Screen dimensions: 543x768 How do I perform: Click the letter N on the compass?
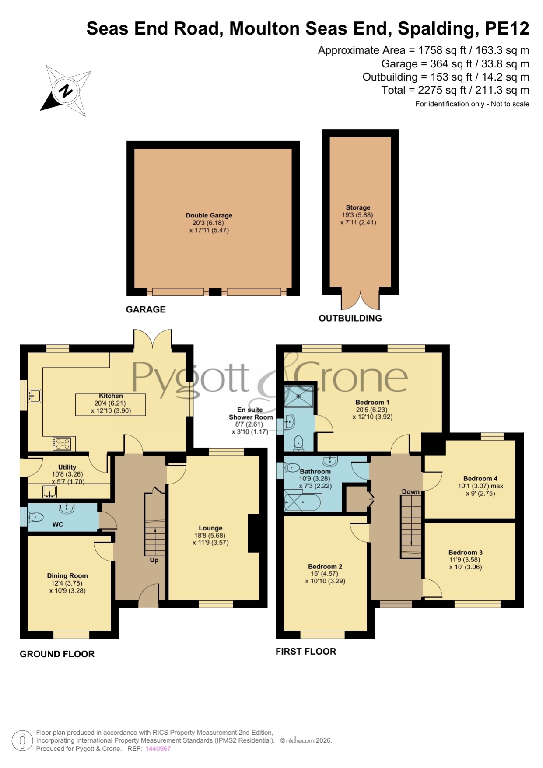[x=66, y=91]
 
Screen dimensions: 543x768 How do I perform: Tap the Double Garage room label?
[x=209, y=215]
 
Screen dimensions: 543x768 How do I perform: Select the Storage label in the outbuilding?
[x=358, y=207]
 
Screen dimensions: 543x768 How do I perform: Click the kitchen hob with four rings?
[x=62, y=444]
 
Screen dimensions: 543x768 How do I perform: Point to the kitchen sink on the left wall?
[x=35, y=396]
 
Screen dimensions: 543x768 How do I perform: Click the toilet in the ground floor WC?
[x=36, y=517]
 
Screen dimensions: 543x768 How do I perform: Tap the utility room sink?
[x=50, y=492]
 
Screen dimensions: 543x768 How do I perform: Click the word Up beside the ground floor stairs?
[x=154, y=560]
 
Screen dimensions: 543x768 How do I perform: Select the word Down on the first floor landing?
[x=411, y=492]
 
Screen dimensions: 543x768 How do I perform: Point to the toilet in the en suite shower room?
[x=299, y=443]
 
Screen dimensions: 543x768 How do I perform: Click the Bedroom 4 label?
[x=480, y=479]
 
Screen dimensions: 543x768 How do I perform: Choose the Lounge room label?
[x=210, y=528]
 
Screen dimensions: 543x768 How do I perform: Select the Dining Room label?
[x=67, y=576]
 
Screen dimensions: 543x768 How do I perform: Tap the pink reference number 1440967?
[x=158, y=749]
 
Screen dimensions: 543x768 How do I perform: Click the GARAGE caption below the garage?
[x=146, y=309]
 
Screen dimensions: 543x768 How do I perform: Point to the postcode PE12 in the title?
[x=507, y=28]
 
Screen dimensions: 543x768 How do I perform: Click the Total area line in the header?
[x=455, y=90]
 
